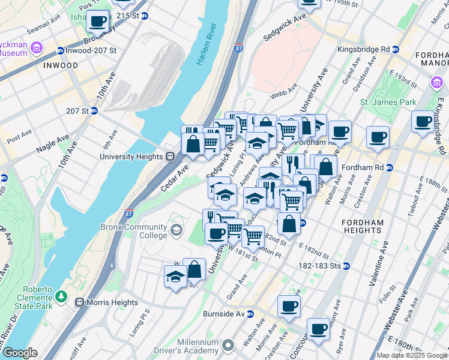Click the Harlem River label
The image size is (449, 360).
coord(205,46)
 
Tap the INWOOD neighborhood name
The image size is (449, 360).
coord(61,65)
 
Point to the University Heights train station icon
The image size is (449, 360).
coord(170,157)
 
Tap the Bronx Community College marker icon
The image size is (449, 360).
coord(176,230)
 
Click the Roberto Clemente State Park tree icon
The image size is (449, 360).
coord(61,296)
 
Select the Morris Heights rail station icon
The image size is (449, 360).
coord(78,302)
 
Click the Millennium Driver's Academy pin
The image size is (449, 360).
coord(228,345)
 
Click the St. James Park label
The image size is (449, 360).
coord(388,102)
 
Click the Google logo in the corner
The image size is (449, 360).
coord(19,353)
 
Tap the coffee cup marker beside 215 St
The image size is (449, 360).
coord(97,22)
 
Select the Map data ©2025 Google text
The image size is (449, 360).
coord(412,355)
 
